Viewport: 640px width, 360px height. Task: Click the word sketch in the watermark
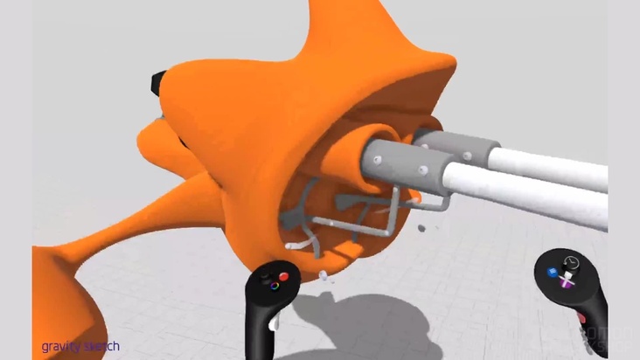(x=101, y=347)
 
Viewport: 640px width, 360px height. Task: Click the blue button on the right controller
(x=553, y=272)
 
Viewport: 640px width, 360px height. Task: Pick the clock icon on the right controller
(x=573, y=261)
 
